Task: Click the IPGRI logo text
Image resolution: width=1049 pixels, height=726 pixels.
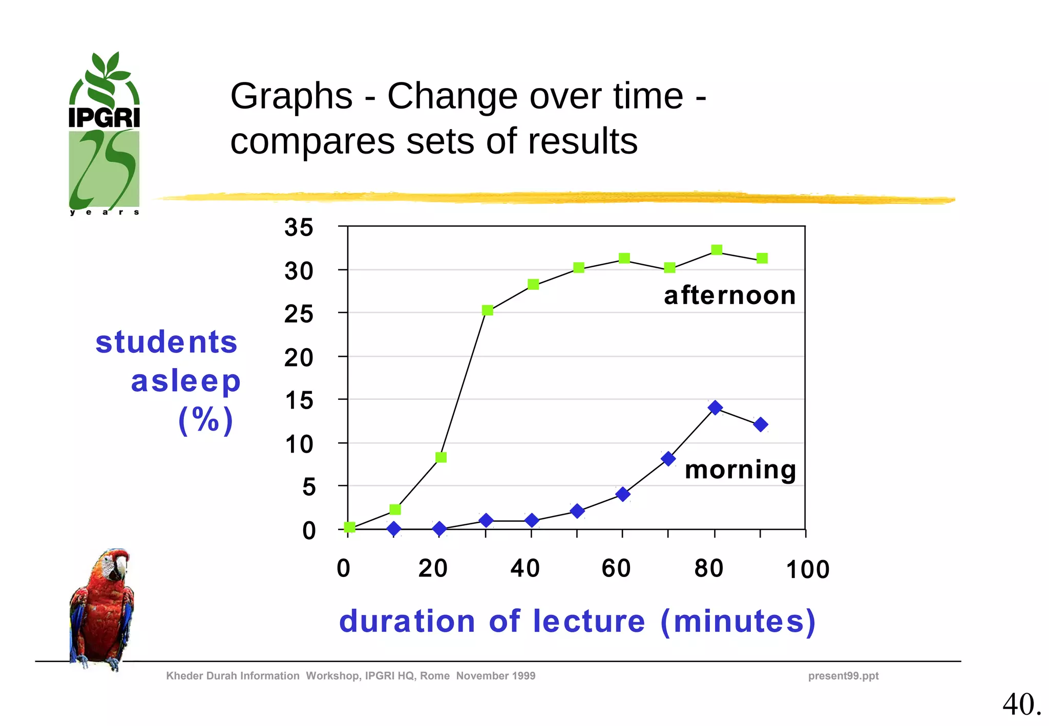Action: (104, 118)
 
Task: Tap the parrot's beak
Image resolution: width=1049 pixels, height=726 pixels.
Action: (121, 567)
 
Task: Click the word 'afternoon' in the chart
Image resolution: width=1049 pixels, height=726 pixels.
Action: (729, 295)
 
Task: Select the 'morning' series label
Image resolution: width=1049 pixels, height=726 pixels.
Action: (740, 469)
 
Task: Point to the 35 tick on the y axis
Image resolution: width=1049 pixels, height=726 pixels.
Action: (299, 227)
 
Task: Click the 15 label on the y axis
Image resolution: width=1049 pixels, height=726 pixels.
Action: (299, 400)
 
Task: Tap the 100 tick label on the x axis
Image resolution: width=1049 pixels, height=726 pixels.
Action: (807, 570)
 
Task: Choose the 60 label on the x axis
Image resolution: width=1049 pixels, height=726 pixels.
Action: (616, 568)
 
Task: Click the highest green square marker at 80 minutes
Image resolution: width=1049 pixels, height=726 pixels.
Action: (717, 250)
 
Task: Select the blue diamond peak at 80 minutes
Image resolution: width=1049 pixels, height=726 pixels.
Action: (715, 408)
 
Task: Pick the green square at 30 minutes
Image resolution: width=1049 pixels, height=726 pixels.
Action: (488, 310)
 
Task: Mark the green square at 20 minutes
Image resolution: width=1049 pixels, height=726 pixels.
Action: (441, 457)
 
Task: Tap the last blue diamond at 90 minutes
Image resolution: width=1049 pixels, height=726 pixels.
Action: (761, 424)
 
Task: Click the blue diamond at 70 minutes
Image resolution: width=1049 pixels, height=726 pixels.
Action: (668, 459)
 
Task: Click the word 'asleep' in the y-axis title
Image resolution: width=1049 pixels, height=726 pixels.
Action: (185, 381)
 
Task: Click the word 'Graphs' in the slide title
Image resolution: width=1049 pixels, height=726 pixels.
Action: (291, 96)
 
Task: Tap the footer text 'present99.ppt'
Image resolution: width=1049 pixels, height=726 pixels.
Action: (843, 676)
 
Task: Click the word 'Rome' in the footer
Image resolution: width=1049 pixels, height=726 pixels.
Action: (434, 676)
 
